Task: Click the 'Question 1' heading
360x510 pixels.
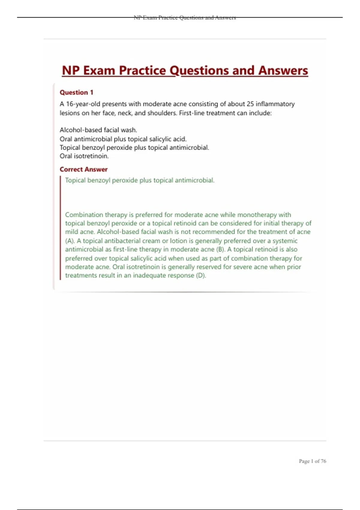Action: (x=76, y=92)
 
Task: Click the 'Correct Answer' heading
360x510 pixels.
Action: (x=83, y=169)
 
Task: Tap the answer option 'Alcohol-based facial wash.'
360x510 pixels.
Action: (x=98, y=130)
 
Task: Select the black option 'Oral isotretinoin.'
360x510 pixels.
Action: (x=84, y=156)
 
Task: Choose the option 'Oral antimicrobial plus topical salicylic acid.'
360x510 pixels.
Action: (x=123, y=139)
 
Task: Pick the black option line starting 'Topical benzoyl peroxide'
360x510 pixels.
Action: (x=134, y=148)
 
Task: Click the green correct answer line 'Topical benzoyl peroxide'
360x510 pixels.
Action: (x=139, y=180)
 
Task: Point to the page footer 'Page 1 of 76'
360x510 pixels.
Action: (x=312, y=461)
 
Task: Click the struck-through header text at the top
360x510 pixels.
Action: (x=185, y=18)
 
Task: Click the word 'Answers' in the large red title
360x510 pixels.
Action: (x=283, y=71)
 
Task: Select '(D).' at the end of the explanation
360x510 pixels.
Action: (x=201, y=275)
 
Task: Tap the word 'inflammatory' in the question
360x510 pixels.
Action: (x=275, y=104)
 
